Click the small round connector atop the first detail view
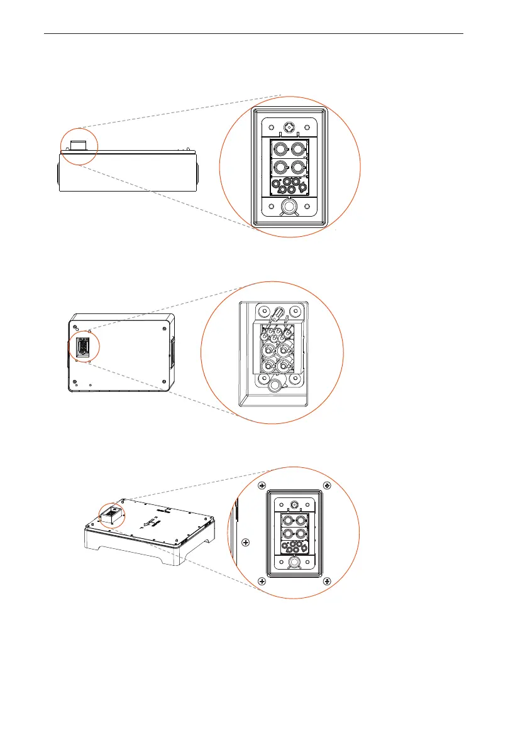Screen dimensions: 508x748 289,127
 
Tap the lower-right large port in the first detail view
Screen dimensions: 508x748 299,168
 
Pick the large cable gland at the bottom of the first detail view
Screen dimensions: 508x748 289,207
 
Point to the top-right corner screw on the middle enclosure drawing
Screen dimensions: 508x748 164,327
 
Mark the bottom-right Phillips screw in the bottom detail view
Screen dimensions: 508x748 326,581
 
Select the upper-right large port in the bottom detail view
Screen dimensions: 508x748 303,521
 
